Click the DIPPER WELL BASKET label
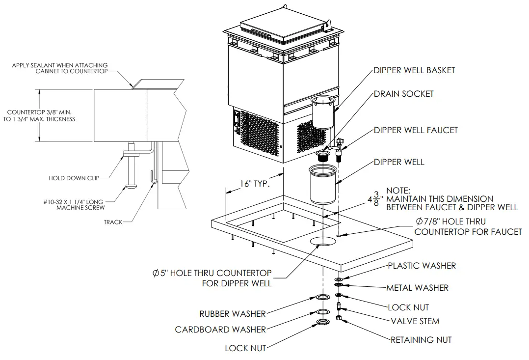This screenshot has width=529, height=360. tap(414, 70)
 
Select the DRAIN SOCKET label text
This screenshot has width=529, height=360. tap(403, 93)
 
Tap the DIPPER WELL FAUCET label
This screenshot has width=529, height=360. tap(416, 130)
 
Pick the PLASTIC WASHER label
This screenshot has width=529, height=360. tap(422, 266)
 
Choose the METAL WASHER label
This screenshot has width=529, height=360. tap(417, 288)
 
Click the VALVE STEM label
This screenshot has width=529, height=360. tap(415, 321)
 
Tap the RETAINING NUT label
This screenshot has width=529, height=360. tap(421, 339)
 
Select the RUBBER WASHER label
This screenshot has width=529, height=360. tap(232, 314)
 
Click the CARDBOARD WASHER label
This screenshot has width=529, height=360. tap(220, 330)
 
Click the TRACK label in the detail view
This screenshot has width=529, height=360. tap(113, 222)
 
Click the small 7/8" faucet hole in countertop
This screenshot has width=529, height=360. tap(339, 236)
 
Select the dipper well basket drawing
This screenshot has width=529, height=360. tap(323, 113)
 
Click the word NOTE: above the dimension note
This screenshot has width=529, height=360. tap(400, 190)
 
